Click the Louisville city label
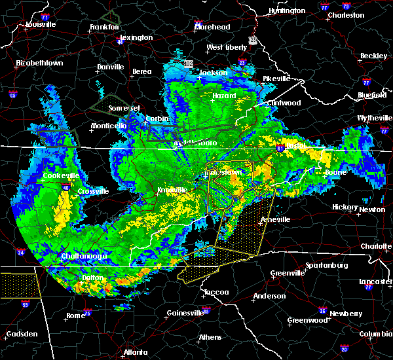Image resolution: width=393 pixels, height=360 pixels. tap(40, 25)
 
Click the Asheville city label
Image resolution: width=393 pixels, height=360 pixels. tap(275, 219)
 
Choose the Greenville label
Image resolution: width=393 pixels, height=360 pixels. tap(287, 272)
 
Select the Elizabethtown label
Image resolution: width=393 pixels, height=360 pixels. tap(39, 63)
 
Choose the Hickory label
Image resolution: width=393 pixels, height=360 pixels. tap(343, 206)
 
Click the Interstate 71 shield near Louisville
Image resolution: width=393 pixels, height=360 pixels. tap(45, 16)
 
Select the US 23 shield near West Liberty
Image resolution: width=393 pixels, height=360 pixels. tap(252, 41)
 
